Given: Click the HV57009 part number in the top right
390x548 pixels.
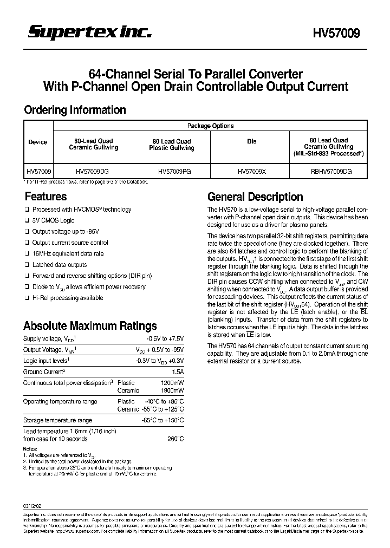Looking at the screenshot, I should [x=336, y=34].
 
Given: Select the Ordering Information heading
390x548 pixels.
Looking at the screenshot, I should [x=75, y=110].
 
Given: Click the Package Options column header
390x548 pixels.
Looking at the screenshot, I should [x=210, y=126].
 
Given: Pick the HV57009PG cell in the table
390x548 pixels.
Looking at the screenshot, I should [x=174, y=171].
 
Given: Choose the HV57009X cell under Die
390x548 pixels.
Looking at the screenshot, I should [x=251, y=171].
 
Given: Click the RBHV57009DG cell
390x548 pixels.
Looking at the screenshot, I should [x=328, y=171].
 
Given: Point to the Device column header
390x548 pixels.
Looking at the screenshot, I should [x=38, y=142].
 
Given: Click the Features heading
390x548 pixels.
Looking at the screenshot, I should [x=45, y=197].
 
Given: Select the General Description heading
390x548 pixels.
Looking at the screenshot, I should [x=255, y=197].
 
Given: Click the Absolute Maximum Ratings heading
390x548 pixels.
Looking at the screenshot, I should [x=90, y=326].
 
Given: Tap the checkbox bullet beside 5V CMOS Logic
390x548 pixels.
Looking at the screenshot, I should [x=27, y=221].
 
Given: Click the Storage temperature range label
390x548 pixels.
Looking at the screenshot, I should [x=57, y=420].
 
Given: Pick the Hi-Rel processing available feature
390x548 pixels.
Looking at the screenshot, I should [x=68, y=298].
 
